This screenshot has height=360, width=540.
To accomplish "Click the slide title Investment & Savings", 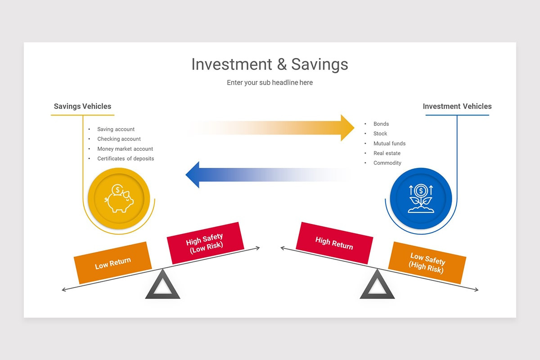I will pos(270,64).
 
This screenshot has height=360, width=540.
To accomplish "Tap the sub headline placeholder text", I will pos(270,83).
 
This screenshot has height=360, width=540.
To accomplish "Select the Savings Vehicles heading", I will pos(82,107).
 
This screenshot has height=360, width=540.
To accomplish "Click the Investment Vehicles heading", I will pos(457,107).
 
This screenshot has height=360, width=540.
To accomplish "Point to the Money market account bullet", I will pos(125,149).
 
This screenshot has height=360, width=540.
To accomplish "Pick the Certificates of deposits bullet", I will pos(126,159).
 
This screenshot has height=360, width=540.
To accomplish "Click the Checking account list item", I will pos(119,139).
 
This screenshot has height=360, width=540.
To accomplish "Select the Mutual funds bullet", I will pos(389,144).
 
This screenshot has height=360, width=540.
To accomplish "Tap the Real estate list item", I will pos(387,153).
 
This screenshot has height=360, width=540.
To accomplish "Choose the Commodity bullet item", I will pos(387,163).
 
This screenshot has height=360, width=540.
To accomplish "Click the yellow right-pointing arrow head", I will pos(347,128).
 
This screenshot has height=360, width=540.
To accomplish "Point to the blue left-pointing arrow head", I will pos(193,175).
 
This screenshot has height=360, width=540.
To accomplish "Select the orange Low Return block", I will pos(112,263).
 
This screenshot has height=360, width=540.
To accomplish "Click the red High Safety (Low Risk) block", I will pos(205,243).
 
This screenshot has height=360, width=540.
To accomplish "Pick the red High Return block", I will pos(334,243).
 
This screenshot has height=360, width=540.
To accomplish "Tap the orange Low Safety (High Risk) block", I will pos(427,263).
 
